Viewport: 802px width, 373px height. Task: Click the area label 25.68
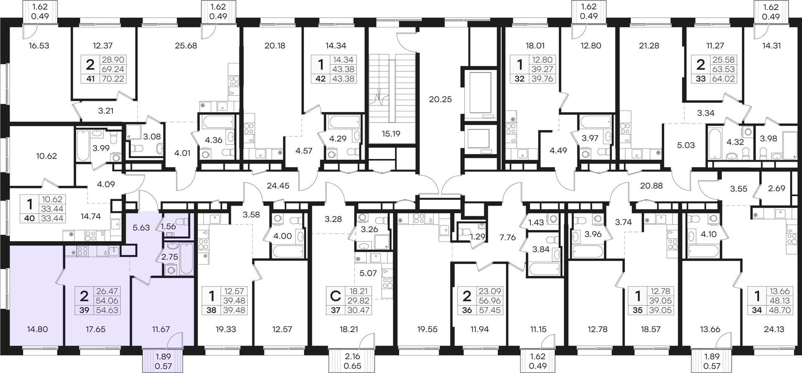(x=186, y=45)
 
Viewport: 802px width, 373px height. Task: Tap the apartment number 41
(x=91, y=78)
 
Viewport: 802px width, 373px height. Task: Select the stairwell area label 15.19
(x=391, y=134)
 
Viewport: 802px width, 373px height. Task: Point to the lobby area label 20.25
(x=440, y=99)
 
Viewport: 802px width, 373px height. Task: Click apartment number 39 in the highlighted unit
(x=84, y=310)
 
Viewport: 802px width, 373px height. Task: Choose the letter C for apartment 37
(x=335, y=296)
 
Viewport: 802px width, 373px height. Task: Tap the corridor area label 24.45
(x=278, y=186)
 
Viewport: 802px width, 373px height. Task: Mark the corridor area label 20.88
(x=651, y=186)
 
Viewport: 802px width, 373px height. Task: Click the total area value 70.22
(x=113, y=78)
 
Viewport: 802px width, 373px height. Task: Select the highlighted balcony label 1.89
(x=163, y=357)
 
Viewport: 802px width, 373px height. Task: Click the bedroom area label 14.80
(x=37, y=329)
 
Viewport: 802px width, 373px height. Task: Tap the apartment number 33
(x=700, y=78)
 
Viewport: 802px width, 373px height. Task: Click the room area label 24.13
(x=774, y=329)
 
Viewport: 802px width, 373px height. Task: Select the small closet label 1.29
(x=478, y=237)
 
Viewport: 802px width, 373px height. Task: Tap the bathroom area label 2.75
(x=170, y=257)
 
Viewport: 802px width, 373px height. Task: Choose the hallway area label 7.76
(x=508, y=237)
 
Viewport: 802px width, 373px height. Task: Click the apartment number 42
(x=320, y=78)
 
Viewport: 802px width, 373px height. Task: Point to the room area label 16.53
(x=39, y=45)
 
